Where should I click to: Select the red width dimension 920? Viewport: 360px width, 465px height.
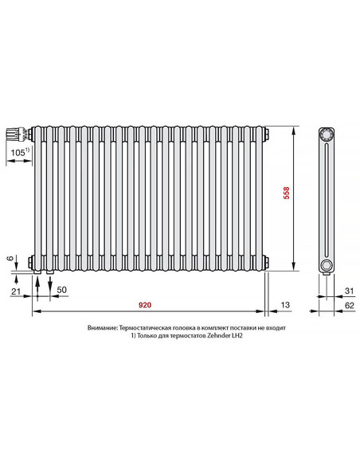145,305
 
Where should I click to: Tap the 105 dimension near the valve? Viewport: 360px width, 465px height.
18,151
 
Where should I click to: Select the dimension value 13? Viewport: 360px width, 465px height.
285,305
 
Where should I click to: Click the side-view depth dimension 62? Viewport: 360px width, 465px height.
350,305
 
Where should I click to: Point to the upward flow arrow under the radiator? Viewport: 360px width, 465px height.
37,283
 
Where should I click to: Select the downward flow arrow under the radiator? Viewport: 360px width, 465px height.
50,283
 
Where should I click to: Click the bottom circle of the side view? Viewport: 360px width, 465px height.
326,264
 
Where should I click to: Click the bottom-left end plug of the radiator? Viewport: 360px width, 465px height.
29,262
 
